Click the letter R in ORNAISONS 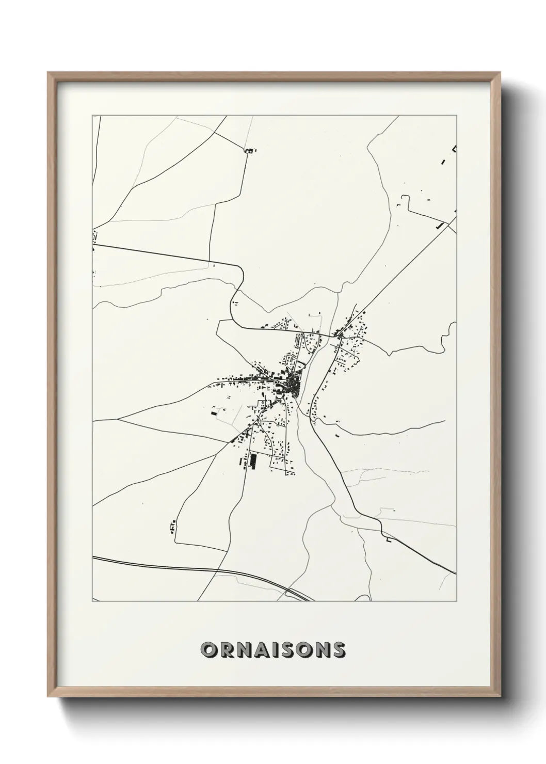228,650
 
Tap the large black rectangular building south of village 253,460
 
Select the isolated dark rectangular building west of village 214,412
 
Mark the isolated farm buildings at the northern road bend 250,151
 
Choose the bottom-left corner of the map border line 92,601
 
